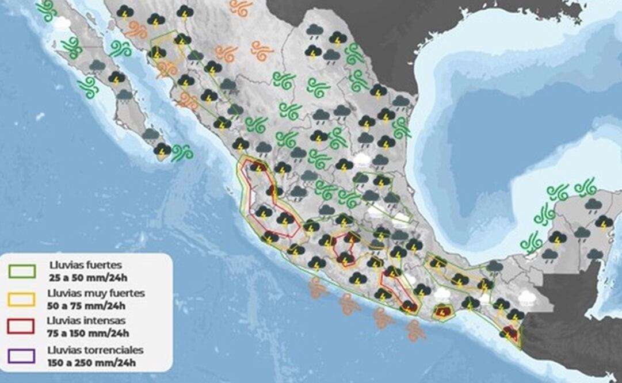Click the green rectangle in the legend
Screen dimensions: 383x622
point(22,271)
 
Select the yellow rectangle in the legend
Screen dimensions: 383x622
point(22,299)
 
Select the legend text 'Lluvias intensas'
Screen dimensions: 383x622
point(86,321)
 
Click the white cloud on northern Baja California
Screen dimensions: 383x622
point(62,24)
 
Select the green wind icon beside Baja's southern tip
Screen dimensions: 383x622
point(182,152)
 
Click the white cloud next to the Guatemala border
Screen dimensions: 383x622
point(526,297)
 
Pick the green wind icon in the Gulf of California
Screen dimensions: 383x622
point(120,49)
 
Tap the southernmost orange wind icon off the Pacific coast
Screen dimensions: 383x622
point(415,330)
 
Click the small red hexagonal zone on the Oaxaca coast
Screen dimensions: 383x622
point(442,312)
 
